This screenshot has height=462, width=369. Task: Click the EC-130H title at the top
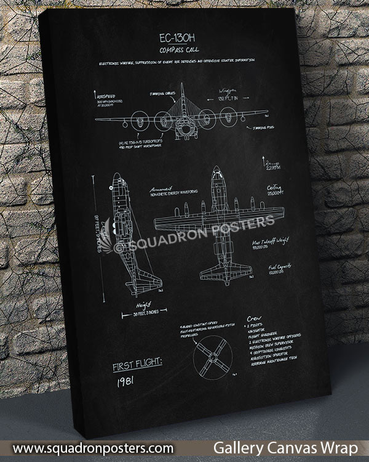pos(178,38)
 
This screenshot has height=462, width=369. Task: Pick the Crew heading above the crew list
pos(253,318)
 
